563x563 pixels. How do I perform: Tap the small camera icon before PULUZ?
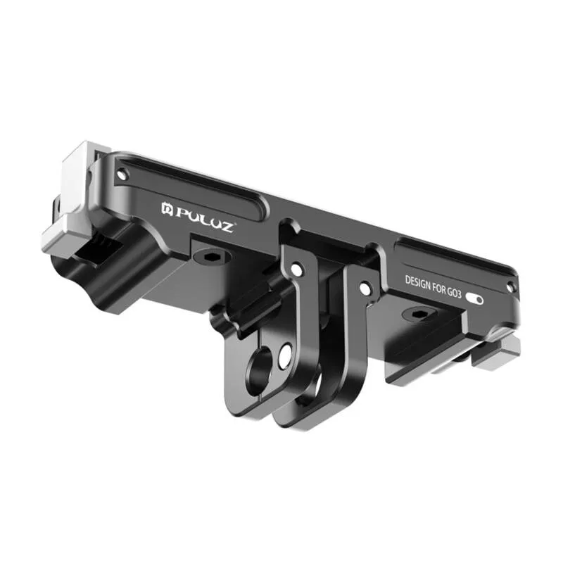pyautogui.click(x=167, y=208)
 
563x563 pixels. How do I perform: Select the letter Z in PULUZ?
pyautogui.click(x=226, y=226)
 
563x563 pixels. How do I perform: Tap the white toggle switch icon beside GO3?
pyautogui.click(x=474, y=298)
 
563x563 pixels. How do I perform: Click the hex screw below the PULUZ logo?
pyautogui.click(x=210, y=256)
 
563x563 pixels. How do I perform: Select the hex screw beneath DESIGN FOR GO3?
pyautogui.click(x=418, y=314)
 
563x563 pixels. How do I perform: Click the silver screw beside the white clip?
pyautogui.click(x=122, y=175)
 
